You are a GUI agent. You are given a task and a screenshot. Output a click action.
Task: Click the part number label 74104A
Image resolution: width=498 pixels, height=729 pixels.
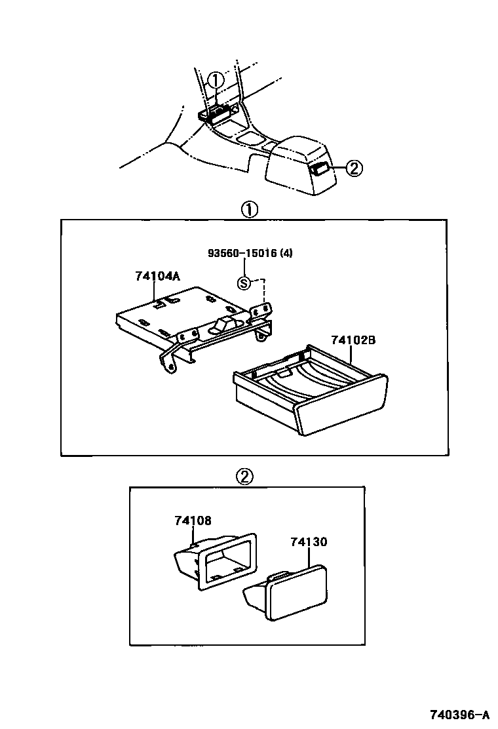pyautogui.click(x=157, y=276)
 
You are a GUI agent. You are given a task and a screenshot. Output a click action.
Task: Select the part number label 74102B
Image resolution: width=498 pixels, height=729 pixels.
pyautogui.click(x=353, y=340)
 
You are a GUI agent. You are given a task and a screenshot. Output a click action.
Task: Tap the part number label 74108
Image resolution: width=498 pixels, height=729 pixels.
pyautogui.click(x=193, y=521)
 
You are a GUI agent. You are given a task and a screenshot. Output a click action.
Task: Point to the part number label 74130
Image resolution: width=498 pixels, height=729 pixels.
pyautogui.click(x=309, y=542)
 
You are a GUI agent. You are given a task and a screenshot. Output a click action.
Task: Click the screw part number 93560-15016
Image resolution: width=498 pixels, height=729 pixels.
pyautogui.click(x=242, y=254)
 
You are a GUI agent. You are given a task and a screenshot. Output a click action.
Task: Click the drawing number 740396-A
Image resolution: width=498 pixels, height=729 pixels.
pyautogui.click(x=460, y=714)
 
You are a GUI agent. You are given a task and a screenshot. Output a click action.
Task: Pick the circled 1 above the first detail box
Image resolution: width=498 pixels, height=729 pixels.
pyautogui.click(x=249, y=210)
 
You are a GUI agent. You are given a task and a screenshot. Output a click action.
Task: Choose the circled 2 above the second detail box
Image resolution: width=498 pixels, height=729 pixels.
pyautogui.click(x=244, y=477)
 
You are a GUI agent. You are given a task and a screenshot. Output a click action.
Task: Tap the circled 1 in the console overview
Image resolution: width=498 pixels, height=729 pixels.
pyautogui.click(x=215, y=81)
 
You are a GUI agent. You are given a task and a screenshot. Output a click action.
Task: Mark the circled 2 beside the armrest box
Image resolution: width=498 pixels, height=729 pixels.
pyautogui.click(x=353, y=168)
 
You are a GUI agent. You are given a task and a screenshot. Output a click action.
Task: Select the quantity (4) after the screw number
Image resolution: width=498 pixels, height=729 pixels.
pyautogui.click(x=286, y=254)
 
